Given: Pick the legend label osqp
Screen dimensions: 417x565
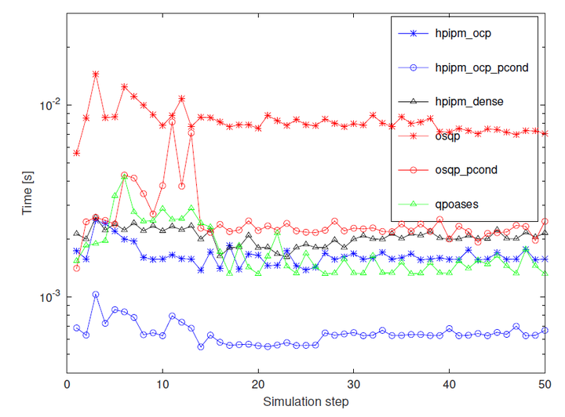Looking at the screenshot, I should coord(449,136).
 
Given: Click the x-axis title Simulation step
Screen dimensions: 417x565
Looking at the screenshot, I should coord(307,401).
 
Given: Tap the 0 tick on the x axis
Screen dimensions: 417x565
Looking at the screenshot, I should coord(67,384).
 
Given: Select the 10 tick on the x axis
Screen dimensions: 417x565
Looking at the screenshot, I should coord(162,384).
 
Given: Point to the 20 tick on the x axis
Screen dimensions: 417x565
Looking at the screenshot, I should coord(258,384).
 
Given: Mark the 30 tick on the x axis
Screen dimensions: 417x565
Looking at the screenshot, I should coord(354,384).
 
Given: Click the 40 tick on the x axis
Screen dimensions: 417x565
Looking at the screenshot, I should coord(449,384).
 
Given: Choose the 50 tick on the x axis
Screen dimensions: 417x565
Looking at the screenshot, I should coord(545,384).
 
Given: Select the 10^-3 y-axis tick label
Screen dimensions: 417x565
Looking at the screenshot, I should coord(48,297).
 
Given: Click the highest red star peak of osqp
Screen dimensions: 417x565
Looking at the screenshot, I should coord(96,74).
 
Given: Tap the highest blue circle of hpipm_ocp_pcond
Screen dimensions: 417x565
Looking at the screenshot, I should coord(96,295).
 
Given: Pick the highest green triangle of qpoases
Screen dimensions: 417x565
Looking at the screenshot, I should coord(124,176).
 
